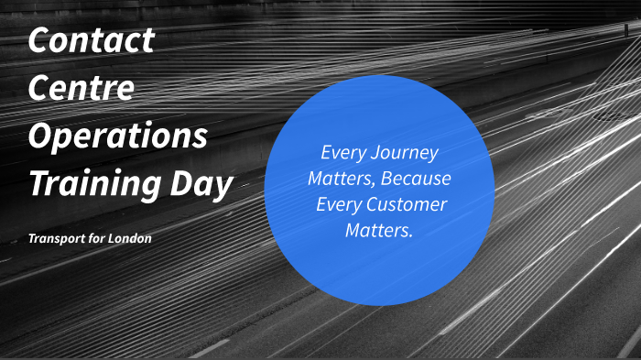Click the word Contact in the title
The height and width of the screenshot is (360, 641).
click(x=92, y=40)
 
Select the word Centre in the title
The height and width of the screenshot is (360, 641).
click(x=81, y=89)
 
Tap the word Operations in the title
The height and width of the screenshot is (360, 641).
click(x=118, y=137)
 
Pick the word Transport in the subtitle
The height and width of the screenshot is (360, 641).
click(x=58, y=238)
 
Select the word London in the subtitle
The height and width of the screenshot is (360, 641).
click(x=130, y=238)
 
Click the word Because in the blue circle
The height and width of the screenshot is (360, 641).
click(x=417, y=178)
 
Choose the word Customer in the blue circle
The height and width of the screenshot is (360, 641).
click(x=403, y=203)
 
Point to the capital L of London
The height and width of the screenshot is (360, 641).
click(x=113, y=238)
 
